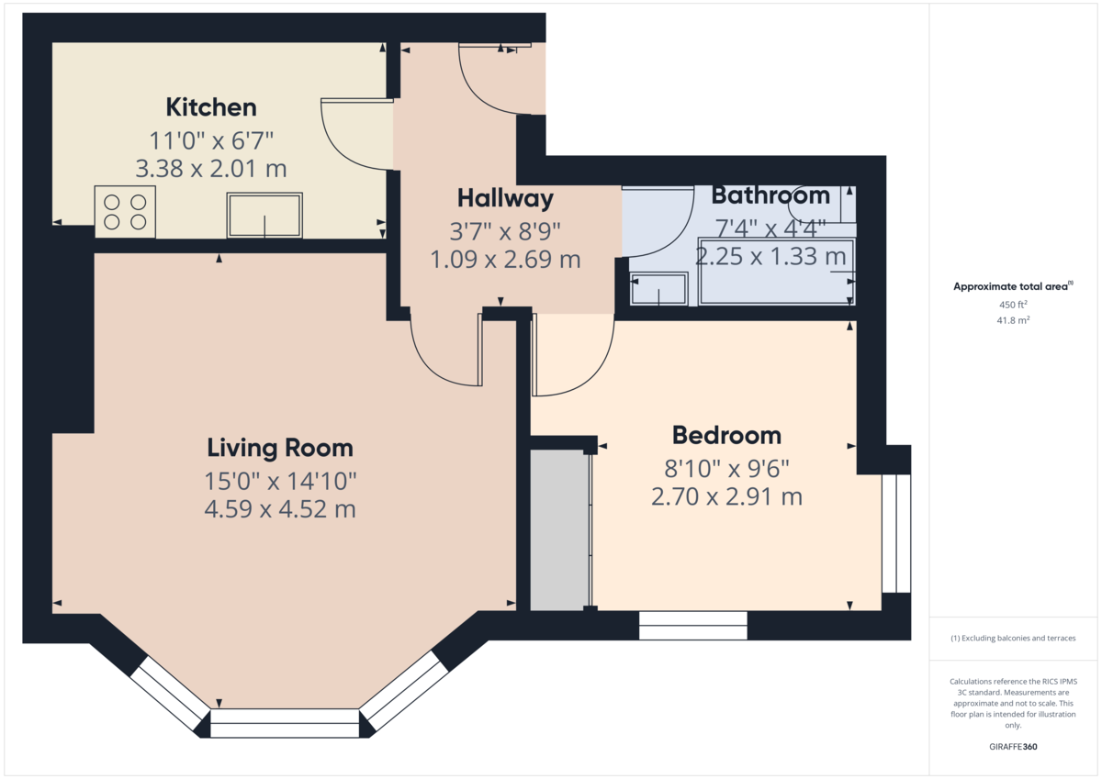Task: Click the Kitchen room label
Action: [x=211, y=107]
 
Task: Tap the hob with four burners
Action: [x=125, y=212]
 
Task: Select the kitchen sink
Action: [x=264, y=215]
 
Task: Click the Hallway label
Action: [x=505, y=198]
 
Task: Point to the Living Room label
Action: [x=280, y=448]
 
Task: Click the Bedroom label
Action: [x=726, y=436]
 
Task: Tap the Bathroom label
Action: [x=770, y=195]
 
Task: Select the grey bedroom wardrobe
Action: [x=559, y=529]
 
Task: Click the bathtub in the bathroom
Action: [x=777, y=272]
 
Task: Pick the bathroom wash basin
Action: [x=658, y=289]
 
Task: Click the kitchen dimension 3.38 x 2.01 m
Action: [x=211, y=169]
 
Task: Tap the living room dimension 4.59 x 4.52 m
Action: [x=280, y=508]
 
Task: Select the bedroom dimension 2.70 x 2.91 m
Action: [x=726, y=496]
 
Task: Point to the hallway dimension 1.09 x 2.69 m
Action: [x=505, y=259]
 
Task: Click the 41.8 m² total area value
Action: [x=1013, y=320]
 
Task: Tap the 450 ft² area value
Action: [x=1013, y=305]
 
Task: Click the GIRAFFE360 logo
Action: [x=1013, y=747]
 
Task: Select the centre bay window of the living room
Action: [x=285, y=723]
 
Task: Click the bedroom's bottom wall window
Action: [x=692, y=626]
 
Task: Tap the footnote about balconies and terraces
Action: [x=1013, y=638]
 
